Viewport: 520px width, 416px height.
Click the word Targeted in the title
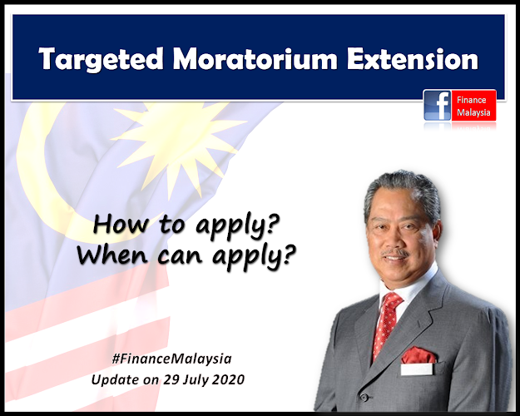click(x=102, y=59)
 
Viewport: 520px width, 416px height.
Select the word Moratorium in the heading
click(x=255, y=59)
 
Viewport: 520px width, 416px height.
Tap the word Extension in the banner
click(x=412, y=59)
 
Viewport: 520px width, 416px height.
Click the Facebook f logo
click(x=438, y=105)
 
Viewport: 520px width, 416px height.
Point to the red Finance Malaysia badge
click(x=473, y=105)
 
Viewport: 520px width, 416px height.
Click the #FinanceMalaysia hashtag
click(x=171, y=359)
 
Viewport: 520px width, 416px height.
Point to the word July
click(x=196, y=380)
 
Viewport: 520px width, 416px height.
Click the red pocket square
click(x=418, y=355)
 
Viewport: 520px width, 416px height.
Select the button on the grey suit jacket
click(x=364, y=397)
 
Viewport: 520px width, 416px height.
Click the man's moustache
click(x=395, y=253)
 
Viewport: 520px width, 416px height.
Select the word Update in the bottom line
click(x=115, y=380)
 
